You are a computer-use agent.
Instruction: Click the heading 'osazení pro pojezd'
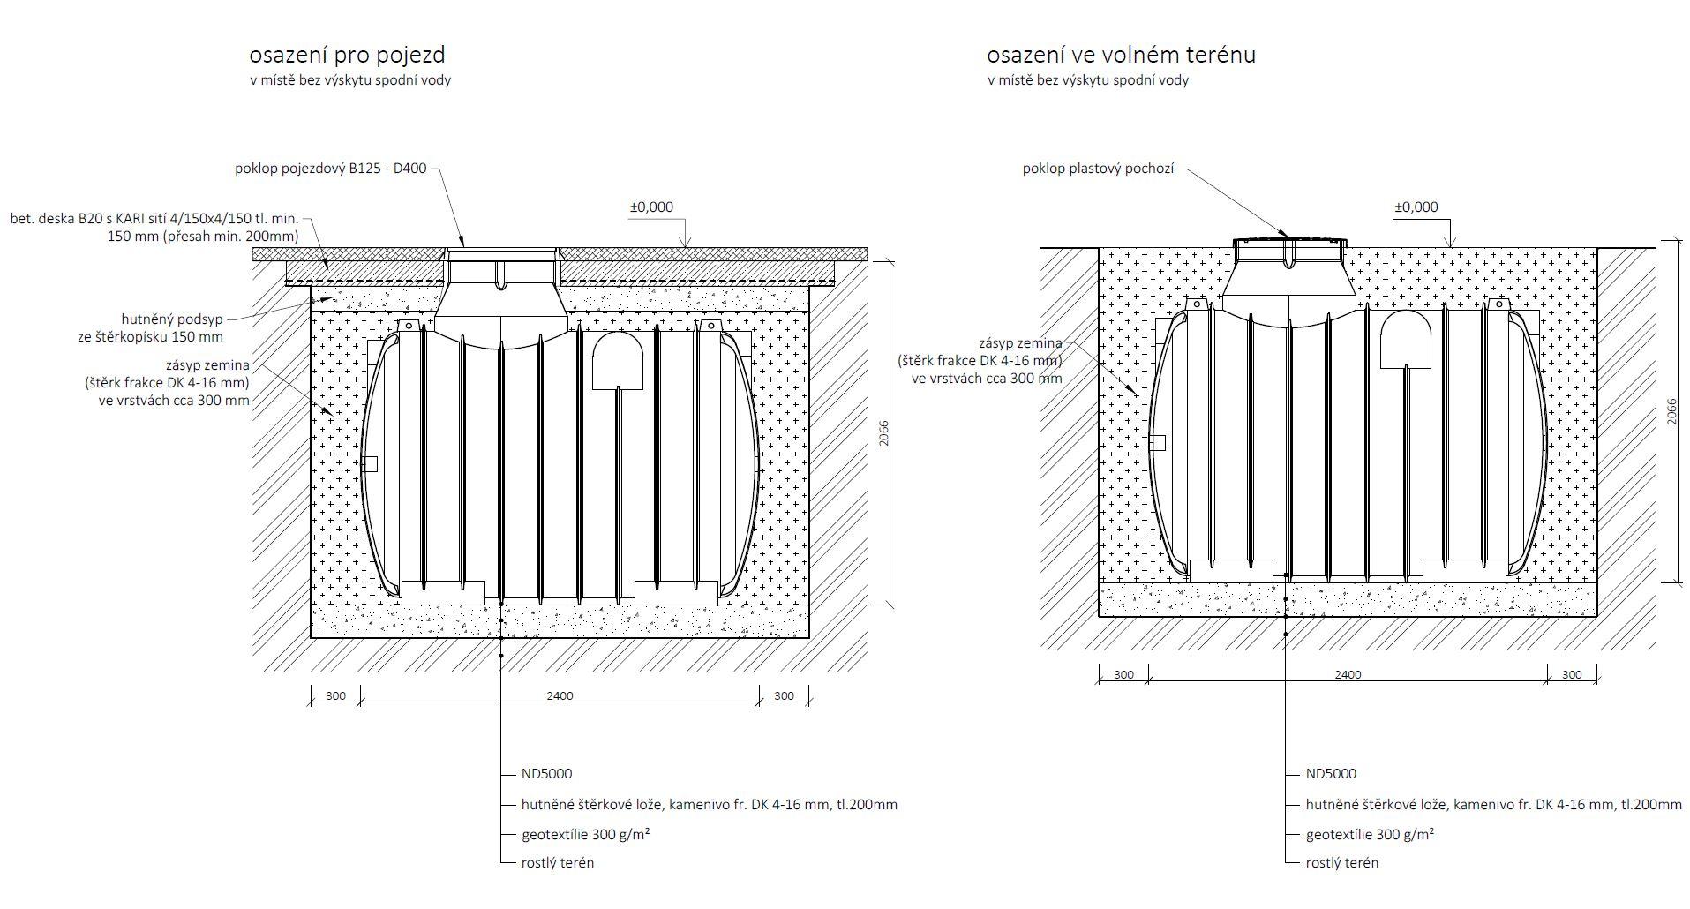[x=347, y=55]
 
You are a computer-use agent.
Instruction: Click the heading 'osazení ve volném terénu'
[x=1121, y=55]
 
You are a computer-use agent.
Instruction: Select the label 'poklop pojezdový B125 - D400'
[x=330, y=168]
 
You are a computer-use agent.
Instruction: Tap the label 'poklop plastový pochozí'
[x=1098, y=168]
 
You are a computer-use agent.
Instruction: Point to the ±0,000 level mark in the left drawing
[x=651, y=207]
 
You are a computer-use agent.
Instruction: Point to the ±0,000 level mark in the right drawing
[x=1416, y=207]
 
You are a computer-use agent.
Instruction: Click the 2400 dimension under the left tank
[x=560, y=695]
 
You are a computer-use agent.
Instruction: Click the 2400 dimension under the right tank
[x=1348, y=674]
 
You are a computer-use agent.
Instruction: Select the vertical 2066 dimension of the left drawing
[x=884, y=433]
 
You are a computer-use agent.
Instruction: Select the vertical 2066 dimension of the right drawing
[x=1671, y=411]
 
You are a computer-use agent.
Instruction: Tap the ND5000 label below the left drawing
[x=547, y=774]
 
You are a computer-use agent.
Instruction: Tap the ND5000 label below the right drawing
[x=1331, y=774]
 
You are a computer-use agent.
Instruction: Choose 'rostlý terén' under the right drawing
[x=1341, y=862]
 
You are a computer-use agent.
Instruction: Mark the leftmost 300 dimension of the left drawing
[x=335, y=695]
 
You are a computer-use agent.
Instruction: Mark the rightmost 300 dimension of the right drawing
[x=1572, y=674]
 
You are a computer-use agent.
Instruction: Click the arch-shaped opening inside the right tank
[x=1405, y=340]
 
